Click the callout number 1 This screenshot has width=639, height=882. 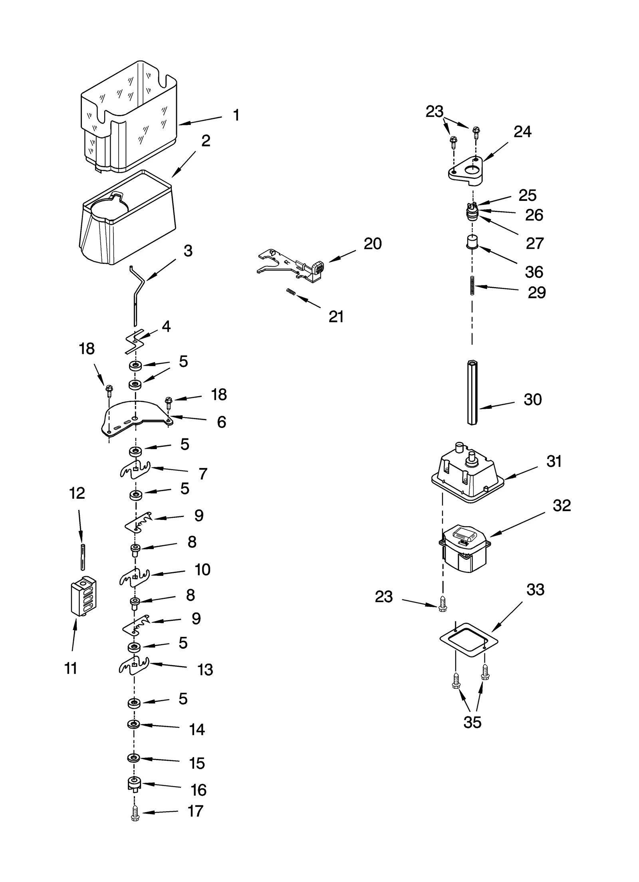[x=236, y=115]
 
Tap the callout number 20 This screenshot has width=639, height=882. [x=372, y=244]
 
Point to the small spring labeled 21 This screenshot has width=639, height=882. [x=291, y=293]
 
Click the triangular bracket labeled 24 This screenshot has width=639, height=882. [x=465, y=171]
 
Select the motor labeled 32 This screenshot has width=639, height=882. [x=464, y=548]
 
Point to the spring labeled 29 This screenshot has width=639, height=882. [x=472, y=285]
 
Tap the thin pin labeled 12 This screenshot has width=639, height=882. [x=83, y=556]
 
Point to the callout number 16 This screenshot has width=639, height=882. [x=198, y=790]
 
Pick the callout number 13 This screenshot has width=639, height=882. [x=205, y=670]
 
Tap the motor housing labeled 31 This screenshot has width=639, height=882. [x=467, y=477]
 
